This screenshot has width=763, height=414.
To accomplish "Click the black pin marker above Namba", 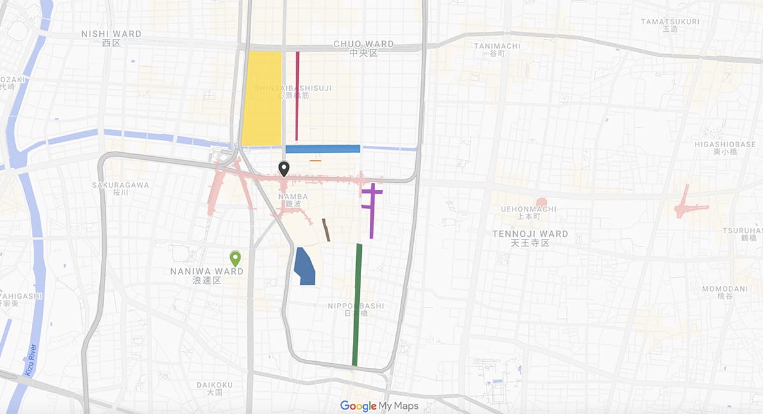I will (284, 169).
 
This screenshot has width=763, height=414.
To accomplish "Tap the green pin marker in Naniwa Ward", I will (235, 258).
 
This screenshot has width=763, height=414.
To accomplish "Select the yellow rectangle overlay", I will (261, 99).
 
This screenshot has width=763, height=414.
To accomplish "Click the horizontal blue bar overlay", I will (322, 149).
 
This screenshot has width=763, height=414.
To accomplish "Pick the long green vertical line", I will (357, 306).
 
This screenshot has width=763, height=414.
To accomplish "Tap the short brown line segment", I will (326, 230).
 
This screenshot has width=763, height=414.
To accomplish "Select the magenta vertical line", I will (297, 96).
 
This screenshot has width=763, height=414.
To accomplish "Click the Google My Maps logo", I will (379, 406).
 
